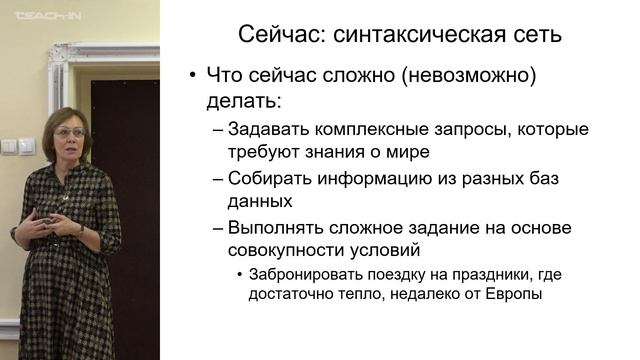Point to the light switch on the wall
(17, 146)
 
